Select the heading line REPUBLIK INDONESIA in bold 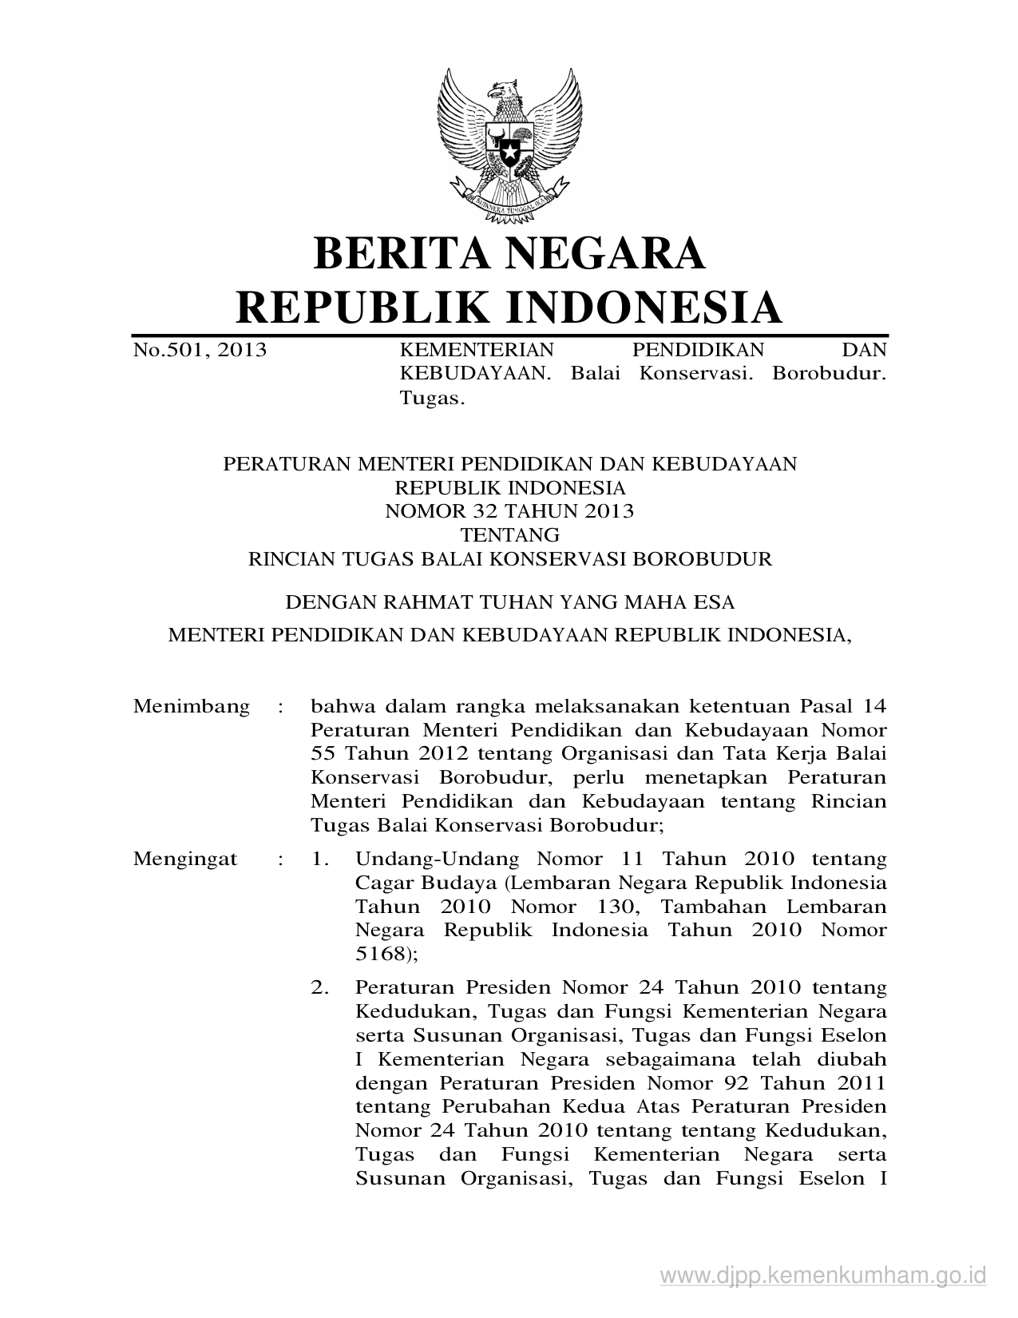(509, 307)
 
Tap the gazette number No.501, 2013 (200, 350)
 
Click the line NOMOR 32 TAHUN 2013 (509, 511)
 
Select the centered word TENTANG (509, 534)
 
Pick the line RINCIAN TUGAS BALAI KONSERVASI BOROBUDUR (510, 558)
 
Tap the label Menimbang (192, 706)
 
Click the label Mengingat (185, 859)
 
